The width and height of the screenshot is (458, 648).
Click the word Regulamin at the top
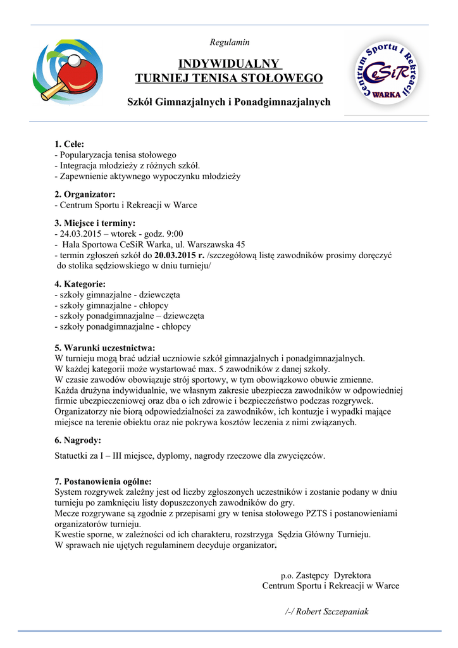(x=229, y=42)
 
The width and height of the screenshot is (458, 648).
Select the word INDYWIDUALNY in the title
(x=229, y=63)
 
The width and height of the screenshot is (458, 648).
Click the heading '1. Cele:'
(x=70, y=144)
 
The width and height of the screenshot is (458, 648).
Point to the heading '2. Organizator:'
(x=85, y=194)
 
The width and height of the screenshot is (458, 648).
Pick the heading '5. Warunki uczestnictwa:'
(x=105, y=347)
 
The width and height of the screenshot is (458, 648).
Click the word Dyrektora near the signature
(x=352, y=575)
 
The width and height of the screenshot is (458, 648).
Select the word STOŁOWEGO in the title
(x=282, y=78)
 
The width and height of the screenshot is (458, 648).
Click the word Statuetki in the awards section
(x=73, y=455)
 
